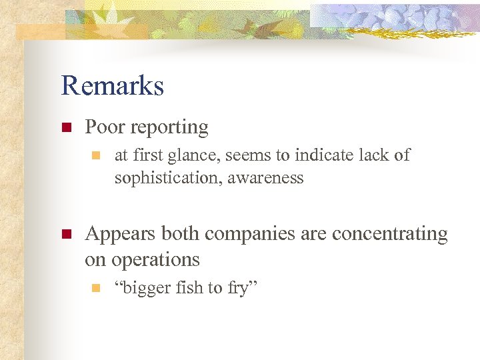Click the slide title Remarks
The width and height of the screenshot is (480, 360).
click(112, 86)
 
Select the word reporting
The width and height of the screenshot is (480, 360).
click(170, 128)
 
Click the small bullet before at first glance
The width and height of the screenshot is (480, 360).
click(95, 156)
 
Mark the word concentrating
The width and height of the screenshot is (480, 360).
click(390, 234)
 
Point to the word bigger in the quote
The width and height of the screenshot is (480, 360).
click(141, 289)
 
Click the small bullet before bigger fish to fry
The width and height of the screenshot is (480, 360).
click(95, 288)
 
